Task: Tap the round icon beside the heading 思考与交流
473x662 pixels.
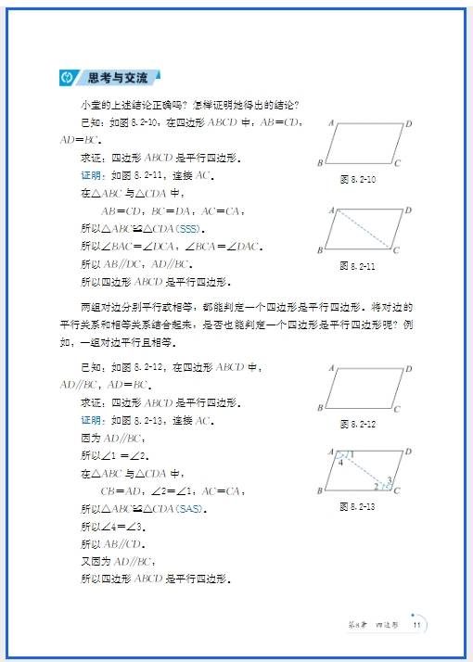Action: (x=67, y=77)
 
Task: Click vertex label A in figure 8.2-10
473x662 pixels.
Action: (x=331, y=122)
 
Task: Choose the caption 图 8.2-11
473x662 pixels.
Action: (x=357, y=265)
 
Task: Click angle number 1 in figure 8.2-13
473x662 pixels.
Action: (x=351, y=454)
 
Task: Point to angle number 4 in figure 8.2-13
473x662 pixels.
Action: (x=341, y=462)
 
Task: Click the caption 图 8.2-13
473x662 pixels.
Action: (x=357, y=506)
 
